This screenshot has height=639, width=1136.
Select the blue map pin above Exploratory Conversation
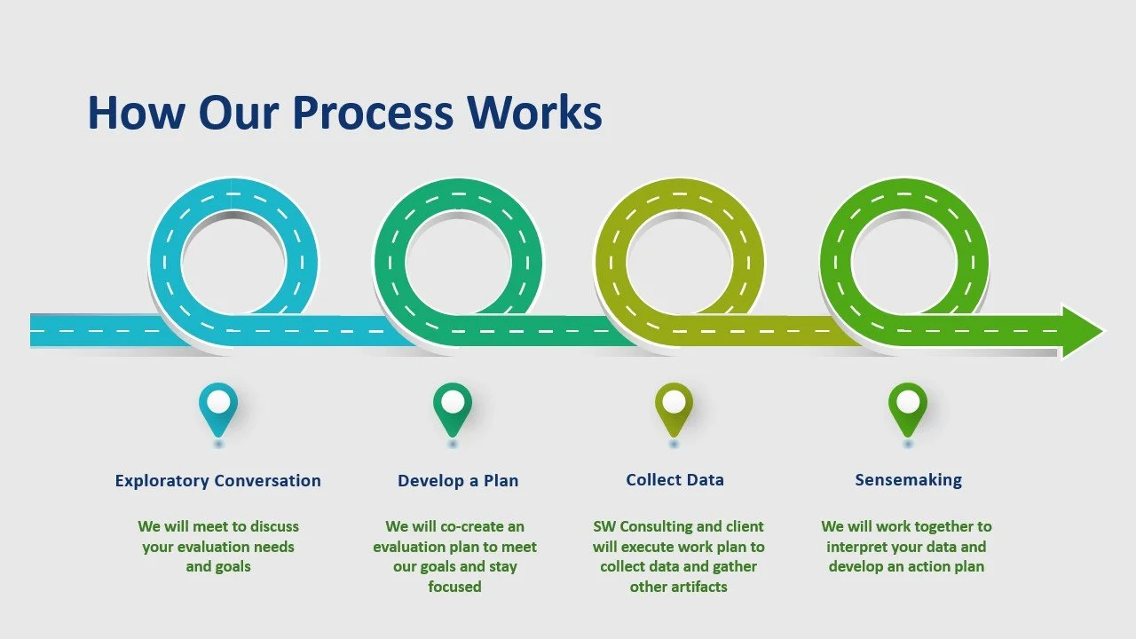[x=218, y=406]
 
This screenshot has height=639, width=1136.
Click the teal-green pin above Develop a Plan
[x=453, y=406]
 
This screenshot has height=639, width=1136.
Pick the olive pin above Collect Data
[x=674, y=406]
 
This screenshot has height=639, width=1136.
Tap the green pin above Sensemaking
[x=907, y=406]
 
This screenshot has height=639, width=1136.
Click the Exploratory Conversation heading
[x=218, y=481]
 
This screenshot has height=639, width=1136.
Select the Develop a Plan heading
[x=458, y=481]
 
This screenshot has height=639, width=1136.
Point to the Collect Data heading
[x=674, y=480]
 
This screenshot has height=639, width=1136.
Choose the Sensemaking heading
[x=908, y=480]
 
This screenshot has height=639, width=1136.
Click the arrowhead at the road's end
[x=1081, y=332]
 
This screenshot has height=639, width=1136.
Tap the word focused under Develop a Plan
[x=454, y=587]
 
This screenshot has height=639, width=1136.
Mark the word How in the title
[x=136, y=114]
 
